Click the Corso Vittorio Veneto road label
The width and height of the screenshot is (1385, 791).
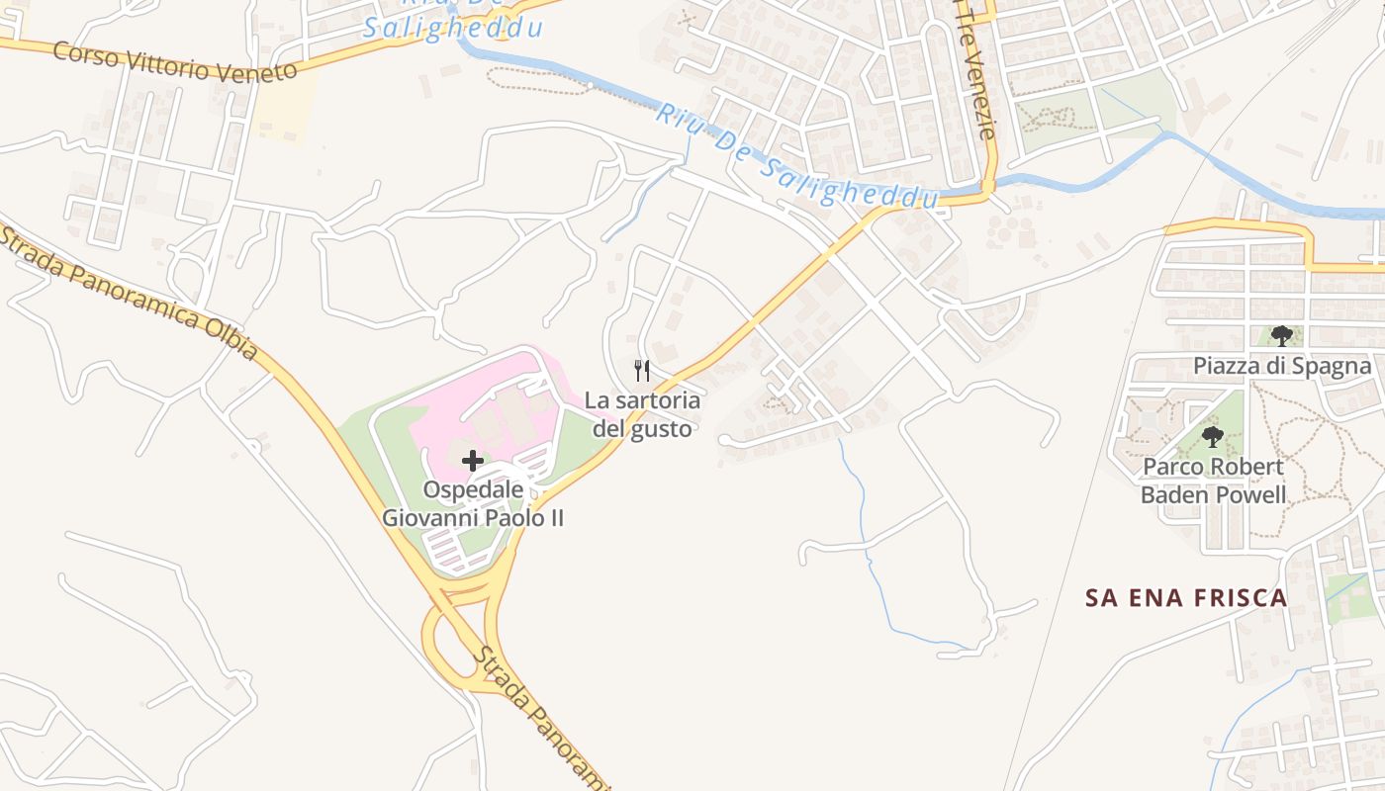[x=175, y=62]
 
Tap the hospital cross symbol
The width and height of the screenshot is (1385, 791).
[x=473, y=460]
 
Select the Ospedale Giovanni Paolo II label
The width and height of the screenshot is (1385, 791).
[x=473, y=503]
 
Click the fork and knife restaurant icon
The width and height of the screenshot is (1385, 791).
[x=643, y=371]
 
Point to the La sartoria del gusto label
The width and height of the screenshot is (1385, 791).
[x=643, y=414]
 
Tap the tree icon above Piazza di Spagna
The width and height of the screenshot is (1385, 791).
[x=1282, y=336]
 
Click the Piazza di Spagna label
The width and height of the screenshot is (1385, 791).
[x=1282, y=366]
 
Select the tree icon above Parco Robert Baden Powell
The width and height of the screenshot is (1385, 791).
[x=1213, y=436]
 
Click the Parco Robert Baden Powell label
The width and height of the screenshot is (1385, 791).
[x=1214, y=481]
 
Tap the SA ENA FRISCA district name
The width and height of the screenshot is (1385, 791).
[x=1186, y=598]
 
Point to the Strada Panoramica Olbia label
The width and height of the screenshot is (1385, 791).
[x=129, y=293]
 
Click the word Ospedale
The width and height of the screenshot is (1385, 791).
[x=473, y=489]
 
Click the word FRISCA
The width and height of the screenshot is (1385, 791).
[x=1241, y=598]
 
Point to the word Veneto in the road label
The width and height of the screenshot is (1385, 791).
[x=256, y=72]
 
